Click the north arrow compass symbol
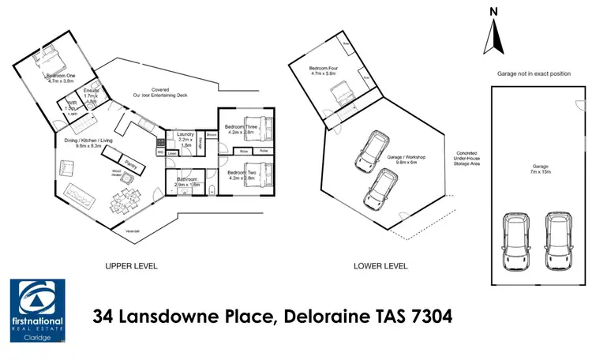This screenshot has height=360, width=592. pyautogui.click(x=495, y=31)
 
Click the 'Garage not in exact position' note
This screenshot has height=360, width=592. pyautogui.click(x=533, y=73)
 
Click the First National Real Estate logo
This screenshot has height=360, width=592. pyautogui.click(x=38, y=313)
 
